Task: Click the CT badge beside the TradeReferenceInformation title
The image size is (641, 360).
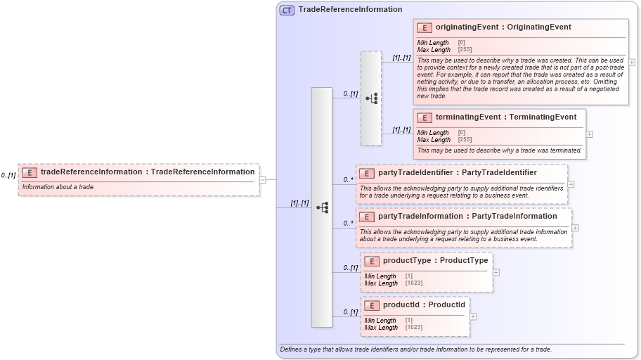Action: pyautogui.click(x=287, y=10)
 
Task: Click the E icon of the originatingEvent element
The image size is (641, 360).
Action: pyautogui.click(x=424, y=27)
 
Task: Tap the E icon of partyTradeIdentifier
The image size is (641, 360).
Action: pyautogui.click(x=366, y=173)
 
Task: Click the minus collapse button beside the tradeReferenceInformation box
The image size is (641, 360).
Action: pyautogui.click(x=262, y=179)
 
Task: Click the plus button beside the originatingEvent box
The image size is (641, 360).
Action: pyautogui.click(x=632, y=62)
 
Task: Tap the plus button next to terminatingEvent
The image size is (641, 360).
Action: pyautogui.click(x=589, y=134)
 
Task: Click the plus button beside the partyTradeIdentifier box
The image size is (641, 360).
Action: pyautogui.click(x=571, y=184)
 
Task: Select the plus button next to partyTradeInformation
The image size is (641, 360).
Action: pyautogui.click(x=575, y=227)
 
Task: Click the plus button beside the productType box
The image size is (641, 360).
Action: pyautogui.click(x=496, y=272)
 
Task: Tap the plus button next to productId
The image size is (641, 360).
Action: pyautogui.click(x=473, y=316)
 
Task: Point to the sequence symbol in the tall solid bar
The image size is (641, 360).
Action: pyautogui.click(x=322, y=207)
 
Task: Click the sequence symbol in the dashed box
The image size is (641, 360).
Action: pyautogui.click(x=371, y=98)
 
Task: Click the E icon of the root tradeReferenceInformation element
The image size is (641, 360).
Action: pyautogui.click(x=30, y=172)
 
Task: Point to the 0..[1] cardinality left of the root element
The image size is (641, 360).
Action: pyautogui.click(x=8, y=175)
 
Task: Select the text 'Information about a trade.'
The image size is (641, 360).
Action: pyautogui.click(x=58, y=187)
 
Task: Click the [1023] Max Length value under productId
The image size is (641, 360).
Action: pyautogui.click(x=413, y=328)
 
